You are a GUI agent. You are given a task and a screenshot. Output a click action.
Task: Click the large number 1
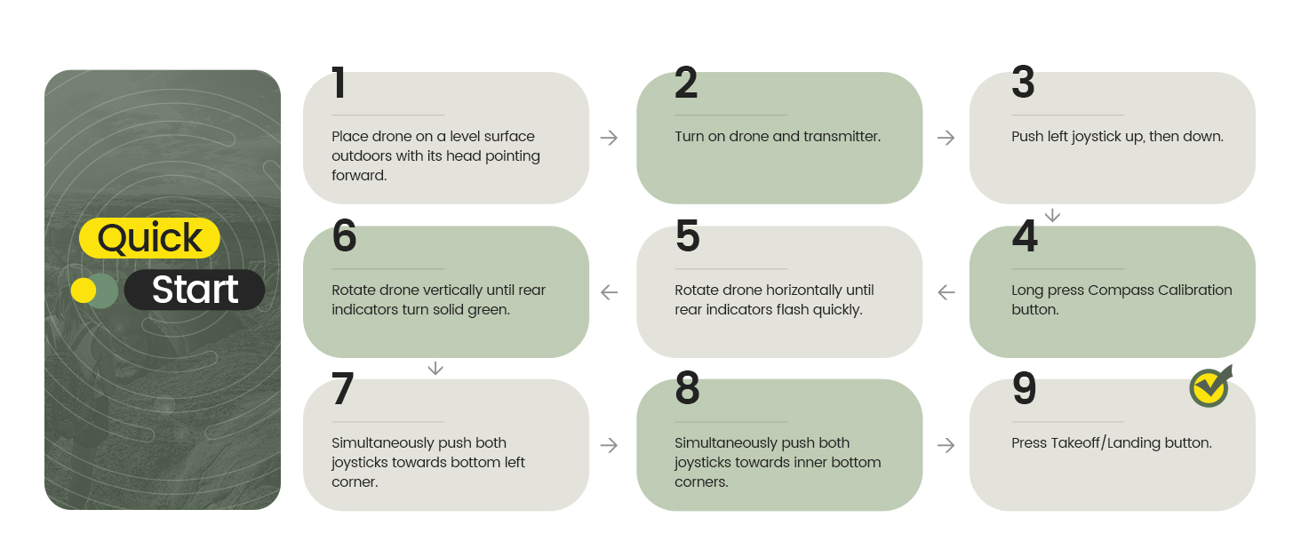pos(339,84)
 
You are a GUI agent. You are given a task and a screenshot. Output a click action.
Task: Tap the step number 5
pos(687,236)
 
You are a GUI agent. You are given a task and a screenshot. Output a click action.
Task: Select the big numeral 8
pos(687,389)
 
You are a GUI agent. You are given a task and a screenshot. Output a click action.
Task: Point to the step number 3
pos(1023,84)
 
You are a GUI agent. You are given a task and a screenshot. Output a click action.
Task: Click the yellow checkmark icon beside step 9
pos(1209,386)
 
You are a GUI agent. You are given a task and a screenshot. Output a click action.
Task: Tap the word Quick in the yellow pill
pos(149,238)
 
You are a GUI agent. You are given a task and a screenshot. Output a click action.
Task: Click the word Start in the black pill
pos(195,290)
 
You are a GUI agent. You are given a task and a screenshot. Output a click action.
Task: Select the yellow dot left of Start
pos(84,290)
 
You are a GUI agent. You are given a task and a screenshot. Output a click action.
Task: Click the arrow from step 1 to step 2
pos(609,138)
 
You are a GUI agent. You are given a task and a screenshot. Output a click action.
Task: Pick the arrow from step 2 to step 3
pos(946,138)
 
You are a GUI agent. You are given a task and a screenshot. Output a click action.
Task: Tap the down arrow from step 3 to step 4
pos(1052,215)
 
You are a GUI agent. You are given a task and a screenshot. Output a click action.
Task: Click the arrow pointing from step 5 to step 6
pos(609,291)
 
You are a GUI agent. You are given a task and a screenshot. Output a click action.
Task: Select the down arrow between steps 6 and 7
pos(435,368)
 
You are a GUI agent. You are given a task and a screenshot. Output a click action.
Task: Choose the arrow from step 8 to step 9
pos(946,445)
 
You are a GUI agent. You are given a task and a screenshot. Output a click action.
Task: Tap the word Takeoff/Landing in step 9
pos(1105,442)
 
